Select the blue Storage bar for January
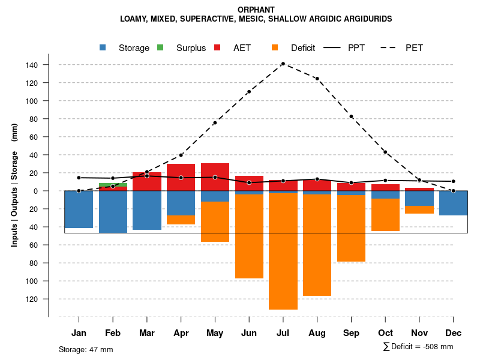(79, 209)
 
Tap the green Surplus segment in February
(113, 185)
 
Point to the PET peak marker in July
(283, 64)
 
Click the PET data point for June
(249, 92)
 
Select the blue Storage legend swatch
(103, 48)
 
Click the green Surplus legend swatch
(160, 48)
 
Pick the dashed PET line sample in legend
(391, 48)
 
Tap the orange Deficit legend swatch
(275, 48)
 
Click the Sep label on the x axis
(351, 333)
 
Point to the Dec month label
(454, 333)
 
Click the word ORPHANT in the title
(256, 10)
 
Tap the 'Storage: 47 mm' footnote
(86, 349)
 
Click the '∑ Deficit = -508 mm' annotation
(418, 347)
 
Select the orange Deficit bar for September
(351, 228)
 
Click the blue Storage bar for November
(419, 199)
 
